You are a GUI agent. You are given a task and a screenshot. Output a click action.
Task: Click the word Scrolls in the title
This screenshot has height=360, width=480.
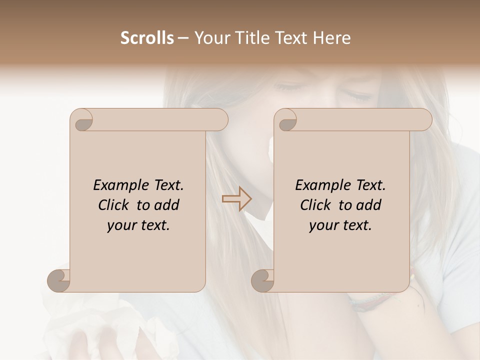click(x=147, y=38)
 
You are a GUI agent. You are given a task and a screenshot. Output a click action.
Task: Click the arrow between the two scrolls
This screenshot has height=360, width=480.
click(x=236, y=199)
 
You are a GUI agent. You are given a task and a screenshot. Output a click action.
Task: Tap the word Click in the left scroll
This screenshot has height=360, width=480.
click(x=114, y=205)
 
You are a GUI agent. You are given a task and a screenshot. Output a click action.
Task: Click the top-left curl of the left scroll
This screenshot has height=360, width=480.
click(x=82, y=120)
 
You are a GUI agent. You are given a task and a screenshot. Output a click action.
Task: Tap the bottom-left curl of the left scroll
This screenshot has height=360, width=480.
click(x=58, y=281)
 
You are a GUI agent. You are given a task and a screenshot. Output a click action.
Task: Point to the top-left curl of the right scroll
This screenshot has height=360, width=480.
click(x=285, y=120)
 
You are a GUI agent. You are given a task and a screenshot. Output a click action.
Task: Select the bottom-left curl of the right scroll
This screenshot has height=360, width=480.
click(x=262, y=281)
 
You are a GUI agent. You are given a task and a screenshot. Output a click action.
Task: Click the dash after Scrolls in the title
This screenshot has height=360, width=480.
click(x=183, y=38)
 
